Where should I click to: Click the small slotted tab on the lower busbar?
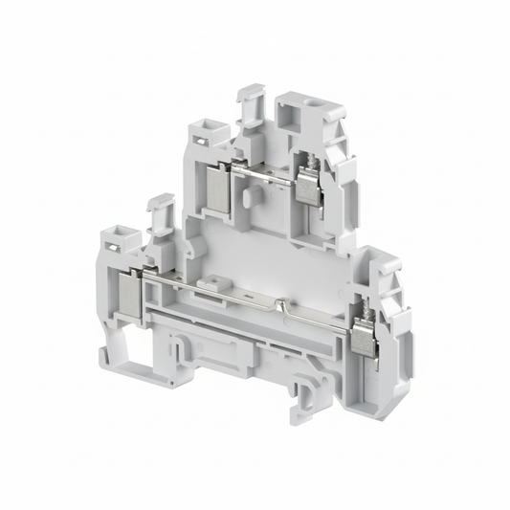tap(226, 284)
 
